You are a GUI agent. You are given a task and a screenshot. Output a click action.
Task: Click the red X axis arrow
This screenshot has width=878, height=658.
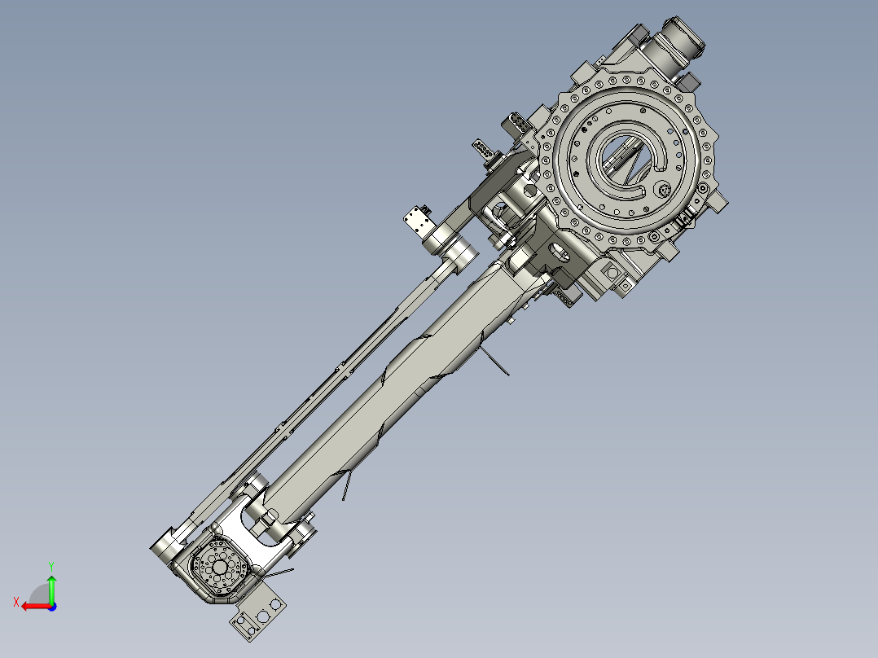pyautogui.click(x=33, y=606)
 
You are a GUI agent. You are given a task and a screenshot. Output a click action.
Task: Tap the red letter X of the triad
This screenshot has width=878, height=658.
pyautogui.click(x=15, y=602)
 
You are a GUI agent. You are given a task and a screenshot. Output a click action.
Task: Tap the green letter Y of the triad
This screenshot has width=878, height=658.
pyautogui.click(x=50, y=564)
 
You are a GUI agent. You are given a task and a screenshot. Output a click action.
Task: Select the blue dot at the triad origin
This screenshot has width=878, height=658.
pyautogui.click(x=51, y=606)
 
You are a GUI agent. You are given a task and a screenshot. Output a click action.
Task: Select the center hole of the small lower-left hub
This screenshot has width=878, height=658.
pyautogui.click(x=220, y=566)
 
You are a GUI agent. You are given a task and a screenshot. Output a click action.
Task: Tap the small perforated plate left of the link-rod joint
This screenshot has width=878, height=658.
pyautogui.click(x=419, y=219)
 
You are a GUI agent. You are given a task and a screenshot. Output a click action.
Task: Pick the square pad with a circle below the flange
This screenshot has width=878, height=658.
pyautogui.click(x=626, y=285)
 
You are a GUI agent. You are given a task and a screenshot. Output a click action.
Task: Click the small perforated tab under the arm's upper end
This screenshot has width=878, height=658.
pyautogui.click(x=565, y=299)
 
